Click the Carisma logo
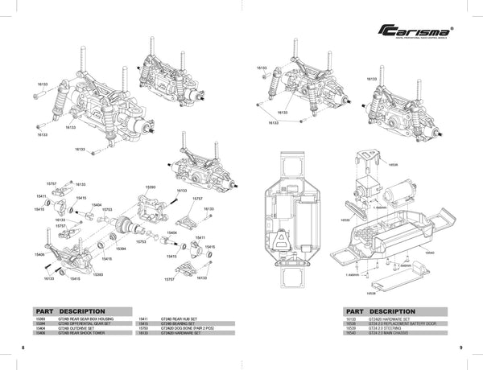click(415, 31)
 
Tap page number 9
click(460, 347)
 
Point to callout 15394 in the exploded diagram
click(121, 249)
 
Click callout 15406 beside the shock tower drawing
click(40, 253)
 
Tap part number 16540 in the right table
click(349, 334)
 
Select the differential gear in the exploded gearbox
click(126, 227)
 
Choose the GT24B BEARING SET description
click(181, 324)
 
